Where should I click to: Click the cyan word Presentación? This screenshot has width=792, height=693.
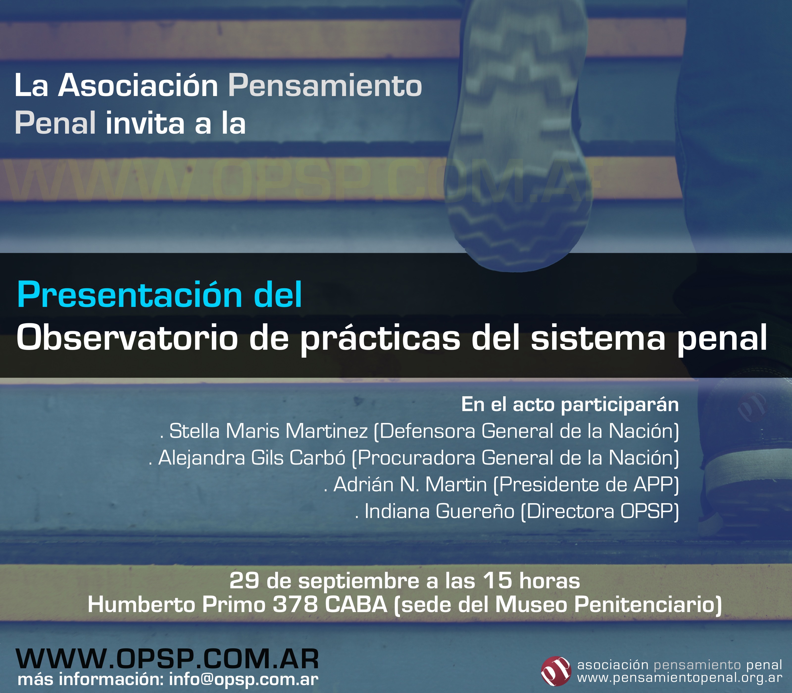click(x=129, y=295)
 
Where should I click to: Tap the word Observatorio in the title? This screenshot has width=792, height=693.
click(x=127, y=338)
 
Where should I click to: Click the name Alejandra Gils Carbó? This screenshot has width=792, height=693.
click(x=252, y=458)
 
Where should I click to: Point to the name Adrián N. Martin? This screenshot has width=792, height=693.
click(x=410, y=484)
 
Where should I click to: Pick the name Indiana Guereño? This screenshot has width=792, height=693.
click(x=440, y=511)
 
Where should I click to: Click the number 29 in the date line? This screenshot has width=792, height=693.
click(x=244, y=581)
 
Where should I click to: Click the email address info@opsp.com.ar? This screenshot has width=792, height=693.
click(x=244, y=679)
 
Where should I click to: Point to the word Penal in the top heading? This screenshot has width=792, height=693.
click(x=55, y=123)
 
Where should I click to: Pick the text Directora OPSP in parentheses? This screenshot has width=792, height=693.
click(x=599, y=511)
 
